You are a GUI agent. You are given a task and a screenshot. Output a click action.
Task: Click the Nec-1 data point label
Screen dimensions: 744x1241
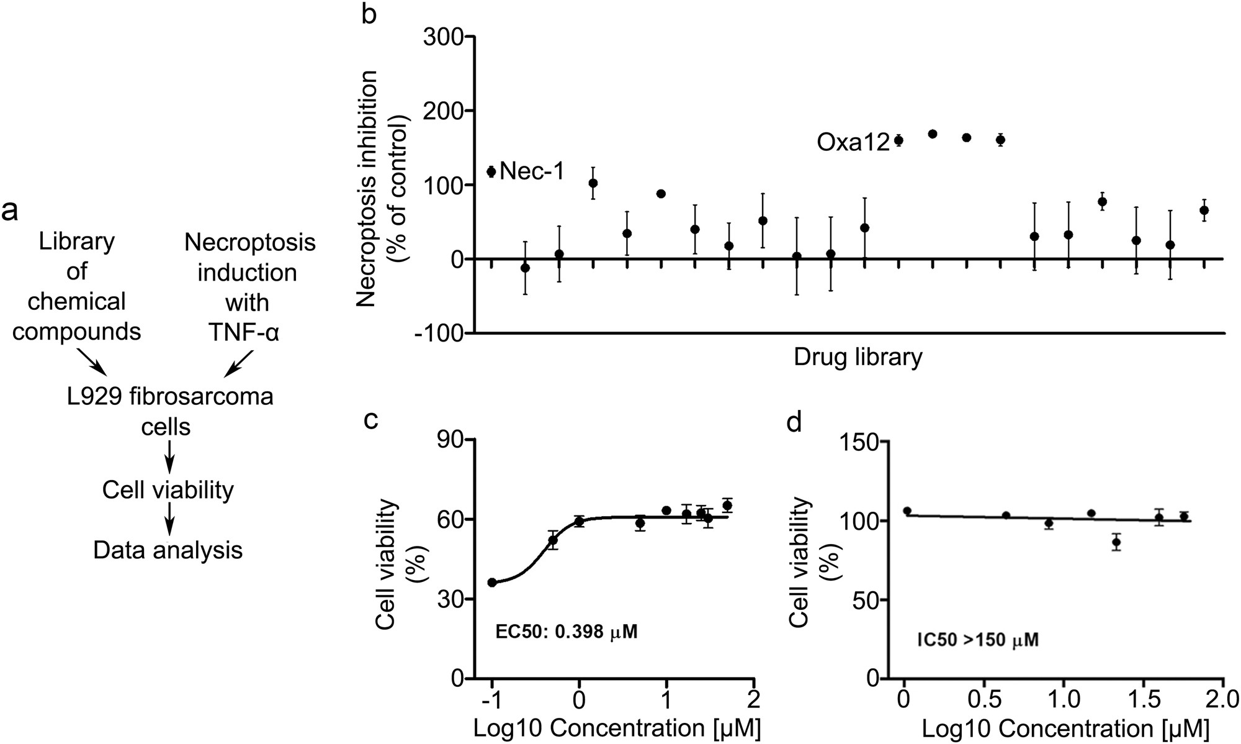click(x=532, y=171)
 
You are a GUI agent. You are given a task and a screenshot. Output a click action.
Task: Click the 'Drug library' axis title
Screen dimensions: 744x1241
click(x=858, y=358)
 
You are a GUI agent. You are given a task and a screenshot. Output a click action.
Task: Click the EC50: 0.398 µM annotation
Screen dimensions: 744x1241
click(x=567, y=632)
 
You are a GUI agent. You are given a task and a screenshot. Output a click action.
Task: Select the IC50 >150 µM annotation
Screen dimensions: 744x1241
click(x=977, y=639)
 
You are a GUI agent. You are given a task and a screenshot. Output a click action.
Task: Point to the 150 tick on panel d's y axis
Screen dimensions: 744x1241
click(x=859, y=442)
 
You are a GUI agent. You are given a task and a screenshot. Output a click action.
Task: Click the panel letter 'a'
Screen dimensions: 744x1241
click(x=10, y=211)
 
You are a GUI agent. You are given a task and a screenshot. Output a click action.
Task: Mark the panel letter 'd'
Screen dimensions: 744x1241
click(x=794, y=422)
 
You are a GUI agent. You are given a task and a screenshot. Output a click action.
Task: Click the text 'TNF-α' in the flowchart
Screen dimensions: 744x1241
click(x=244, y=333)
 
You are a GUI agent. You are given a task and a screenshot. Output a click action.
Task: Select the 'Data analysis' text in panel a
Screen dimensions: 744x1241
click(x=168, y=550)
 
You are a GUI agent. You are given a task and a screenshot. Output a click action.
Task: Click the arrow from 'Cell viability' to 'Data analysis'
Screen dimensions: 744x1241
click(x=168, y=520)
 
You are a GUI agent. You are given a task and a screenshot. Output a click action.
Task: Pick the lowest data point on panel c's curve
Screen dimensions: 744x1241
click(x=492, y=583)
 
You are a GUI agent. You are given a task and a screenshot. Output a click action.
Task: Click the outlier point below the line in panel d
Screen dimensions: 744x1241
click(x=1116, y=542)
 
